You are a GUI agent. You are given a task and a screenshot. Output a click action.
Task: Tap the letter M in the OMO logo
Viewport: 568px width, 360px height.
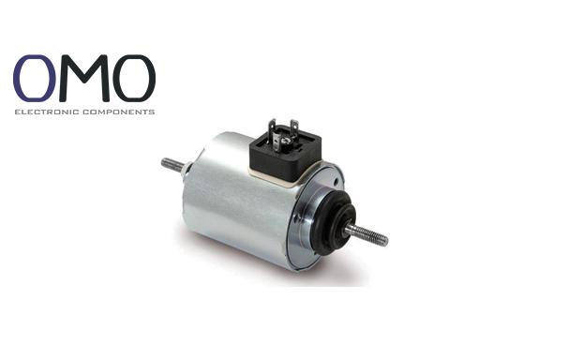84,78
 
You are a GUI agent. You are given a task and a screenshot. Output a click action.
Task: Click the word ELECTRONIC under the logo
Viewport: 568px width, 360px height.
47,112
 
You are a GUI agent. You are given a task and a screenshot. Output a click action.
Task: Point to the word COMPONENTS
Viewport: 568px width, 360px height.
119,112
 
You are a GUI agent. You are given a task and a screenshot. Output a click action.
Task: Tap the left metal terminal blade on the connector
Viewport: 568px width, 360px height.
272,130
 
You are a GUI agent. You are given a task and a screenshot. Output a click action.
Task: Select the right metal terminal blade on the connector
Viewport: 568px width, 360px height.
294,129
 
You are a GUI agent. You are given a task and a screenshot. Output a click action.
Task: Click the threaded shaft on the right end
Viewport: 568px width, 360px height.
366,234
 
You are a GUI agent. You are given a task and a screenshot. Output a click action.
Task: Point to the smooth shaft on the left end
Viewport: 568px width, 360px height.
172,165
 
